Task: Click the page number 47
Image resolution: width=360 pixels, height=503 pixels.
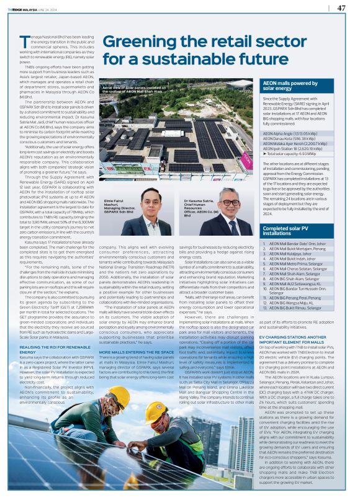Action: click(x=341, y=8)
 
